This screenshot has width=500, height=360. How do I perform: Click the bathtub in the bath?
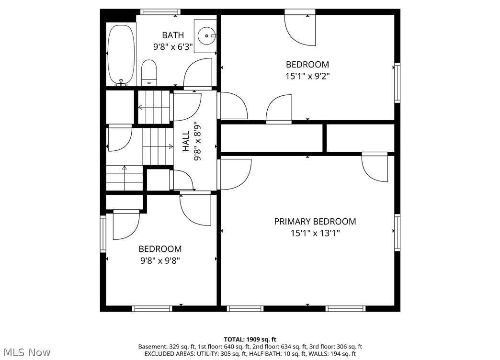[x=121, y=54]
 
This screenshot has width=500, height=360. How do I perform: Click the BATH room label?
[x=173, y=35]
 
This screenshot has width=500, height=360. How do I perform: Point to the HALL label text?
[x=186, y=141]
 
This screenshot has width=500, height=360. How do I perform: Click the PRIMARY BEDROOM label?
[x=315, y=221]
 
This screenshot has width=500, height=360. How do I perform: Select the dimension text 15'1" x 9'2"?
[x=307, y=76]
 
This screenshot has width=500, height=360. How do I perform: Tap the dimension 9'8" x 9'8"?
[x=160, y=261]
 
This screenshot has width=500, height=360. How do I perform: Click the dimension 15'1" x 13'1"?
[x=315, y=234]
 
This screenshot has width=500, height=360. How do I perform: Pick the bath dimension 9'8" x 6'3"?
[x=173, y=47]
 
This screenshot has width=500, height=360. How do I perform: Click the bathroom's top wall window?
[x=160, y=12]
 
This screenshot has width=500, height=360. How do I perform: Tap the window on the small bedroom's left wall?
[x=103, y=234]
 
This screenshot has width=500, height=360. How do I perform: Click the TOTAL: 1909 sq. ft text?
[x=250, y=339]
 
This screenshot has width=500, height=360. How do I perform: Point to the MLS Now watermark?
[x=27, y=352]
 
